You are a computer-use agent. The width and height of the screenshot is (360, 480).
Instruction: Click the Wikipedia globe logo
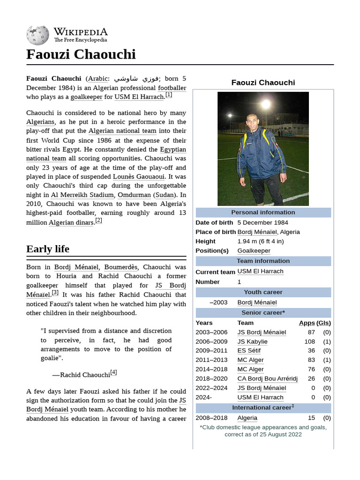[x=37, y=35]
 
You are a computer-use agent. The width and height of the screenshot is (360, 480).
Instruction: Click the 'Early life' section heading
[x=48, y=249]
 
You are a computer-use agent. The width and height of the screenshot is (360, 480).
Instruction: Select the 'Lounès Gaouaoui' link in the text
[x=139, y=177]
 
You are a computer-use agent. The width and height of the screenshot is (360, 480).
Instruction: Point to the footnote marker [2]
[x=98, y=220]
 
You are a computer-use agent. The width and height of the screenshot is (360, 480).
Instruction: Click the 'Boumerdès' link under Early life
[x=120, y=267]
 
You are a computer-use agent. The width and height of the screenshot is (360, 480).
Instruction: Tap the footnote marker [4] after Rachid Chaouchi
[x=113, y=373]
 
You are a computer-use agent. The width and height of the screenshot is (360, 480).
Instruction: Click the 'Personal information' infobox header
[x=263, y=212]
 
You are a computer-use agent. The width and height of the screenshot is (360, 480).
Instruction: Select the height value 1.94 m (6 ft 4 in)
[x=260, y=241]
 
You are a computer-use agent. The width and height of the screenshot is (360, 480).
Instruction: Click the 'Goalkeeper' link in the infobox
[x=254, y=251]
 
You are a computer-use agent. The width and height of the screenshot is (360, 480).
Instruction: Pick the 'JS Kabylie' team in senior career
[x=252, y=342]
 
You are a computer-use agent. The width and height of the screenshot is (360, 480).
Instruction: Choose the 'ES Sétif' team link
[x=249, y=351]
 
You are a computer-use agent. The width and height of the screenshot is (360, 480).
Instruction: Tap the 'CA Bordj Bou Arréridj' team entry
[x=267, y=379]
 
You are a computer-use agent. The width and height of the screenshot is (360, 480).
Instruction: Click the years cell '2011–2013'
[x=211, y=360]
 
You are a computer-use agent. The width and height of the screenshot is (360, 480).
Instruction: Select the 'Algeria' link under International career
[x=247, y=418]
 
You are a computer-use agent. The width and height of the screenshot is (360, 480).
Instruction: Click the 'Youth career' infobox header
[x=263, y=292]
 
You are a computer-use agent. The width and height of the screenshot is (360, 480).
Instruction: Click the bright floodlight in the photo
[x=266, y=104]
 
